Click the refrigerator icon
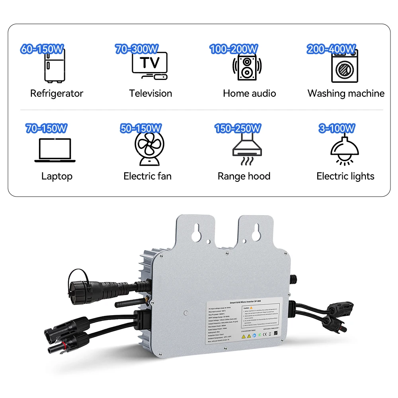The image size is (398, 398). [x=55, y=66]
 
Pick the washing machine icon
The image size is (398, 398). [x=345, y=67]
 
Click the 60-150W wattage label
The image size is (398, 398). [x=42, y=49]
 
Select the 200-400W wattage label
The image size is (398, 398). [x=331, y=49]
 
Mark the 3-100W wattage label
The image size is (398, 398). [x=337, y=128]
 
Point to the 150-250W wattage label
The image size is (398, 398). [x=238, y=128]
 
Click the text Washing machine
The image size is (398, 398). [x=346, y=94]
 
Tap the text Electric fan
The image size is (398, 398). [x=147, y=176]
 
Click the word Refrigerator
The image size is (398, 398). [x=57, y=94]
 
